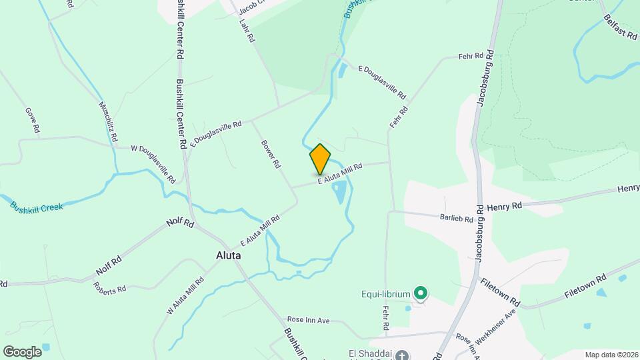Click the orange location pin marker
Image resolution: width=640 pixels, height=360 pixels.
click(x=320, y=159)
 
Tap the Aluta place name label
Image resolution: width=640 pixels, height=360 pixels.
click(x=229, y=255)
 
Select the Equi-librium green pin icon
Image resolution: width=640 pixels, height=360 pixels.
click(x=420, y=293)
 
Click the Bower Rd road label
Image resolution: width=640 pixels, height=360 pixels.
click(x=269, y=153)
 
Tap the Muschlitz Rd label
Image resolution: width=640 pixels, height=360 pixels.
click(x=108, y=121)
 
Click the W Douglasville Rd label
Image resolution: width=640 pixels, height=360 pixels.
click(x=153, y=164)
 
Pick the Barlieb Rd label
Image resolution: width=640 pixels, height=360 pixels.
click(x=456, y=217)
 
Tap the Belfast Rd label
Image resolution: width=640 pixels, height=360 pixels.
click(x=619, y=27)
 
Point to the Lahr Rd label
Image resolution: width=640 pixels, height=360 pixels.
click(x=247, y=30)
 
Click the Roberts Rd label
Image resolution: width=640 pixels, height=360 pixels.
click(x=110, y=288)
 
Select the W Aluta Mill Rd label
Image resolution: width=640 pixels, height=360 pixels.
click(x=185, y=295)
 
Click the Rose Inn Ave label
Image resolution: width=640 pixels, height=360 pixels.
click(x=308, y=320)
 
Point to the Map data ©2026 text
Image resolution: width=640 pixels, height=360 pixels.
click(x=611, y=355)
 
